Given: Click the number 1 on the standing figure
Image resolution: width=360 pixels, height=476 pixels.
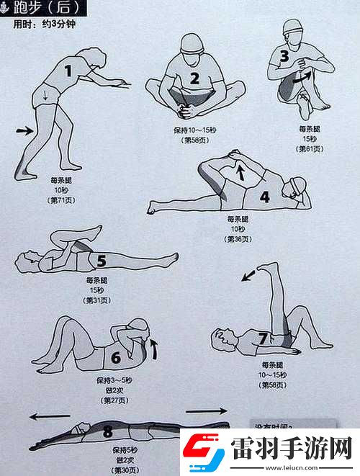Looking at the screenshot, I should coord(68,71).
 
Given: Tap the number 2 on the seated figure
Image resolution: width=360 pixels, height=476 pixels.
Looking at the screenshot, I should coord(194,78).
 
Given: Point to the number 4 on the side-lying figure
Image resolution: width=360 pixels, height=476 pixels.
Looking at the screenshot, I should coord(265,196).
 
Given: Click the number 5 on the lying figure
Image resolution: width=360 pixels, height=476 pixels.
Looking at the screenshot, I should coord(102,261).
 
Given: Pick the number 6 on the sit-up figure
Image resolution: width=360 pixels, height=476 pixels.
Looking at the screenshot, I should coord(115,356).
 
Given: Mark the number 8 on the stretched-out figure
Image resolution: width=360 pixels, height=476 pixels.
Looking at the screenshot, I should coord(108,431).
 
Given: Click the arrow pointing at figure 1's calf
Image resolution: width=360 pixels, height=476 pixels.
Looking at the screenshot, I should coord(24,130).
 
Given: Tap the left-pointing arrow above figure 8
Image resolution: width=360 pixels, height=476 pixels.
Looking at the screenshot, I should coord(53,416).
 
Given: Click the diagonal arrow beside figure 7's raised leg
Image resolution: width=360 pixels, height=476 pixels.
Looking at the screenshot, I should coord(248,274).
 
